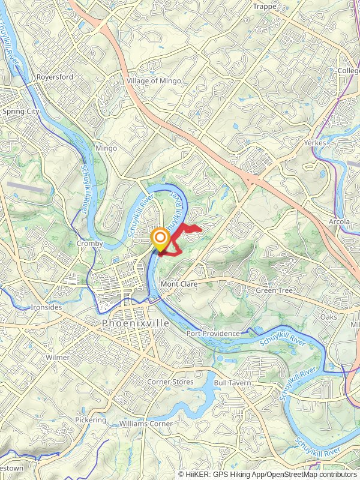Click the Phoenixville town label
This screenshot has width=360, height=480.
click(x=136, y=323)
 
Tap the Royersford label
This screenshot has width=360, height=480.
click(x=54, y=77)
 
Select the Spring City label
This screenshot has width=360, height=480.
click(x=20, y=112)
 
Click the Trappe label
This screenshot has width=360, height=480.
click(x=265, y=7)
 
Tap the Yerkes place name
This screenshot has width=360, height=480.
click(x=314, y=143)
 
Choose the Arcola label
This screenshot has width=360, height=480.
click(x=338, y=222)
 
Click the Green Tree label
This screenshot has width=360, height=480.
click(x=274, y=291)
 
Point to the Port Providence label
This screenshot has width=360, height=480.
click(x=213, y=334)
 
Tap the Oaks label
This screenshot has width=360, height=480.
click(x=328, y=316)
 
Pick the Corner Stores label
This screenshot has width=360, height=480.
click(x=170, y=382)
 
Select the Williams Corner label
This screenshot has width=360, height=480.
click(x=146, y=424)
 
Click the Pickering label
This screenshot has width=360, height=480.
click(x=90, y=420)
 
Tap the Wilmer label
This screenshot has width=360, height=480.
click(x=58, y=357)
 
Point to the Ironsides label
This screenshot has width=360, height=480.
click(x=46, y=307)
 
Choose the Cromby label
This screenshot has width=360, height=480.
click(x=90, y=244)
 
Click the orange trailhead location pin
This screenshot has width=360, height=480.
click(x=160, y=238)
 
